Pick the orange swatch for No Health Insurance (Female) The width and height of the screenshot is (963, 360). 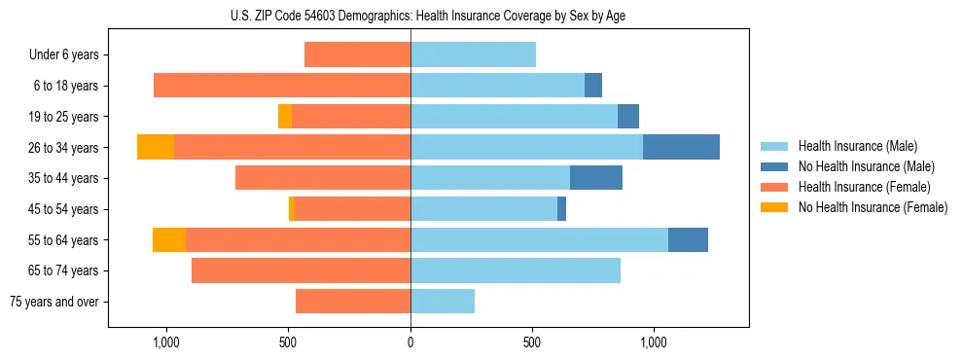[x=774, y=207]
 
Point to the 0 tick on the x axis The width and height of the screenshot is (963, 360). [x=410, y=342]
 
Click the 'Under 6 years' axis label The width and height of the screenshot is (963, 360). [x=63, y=55]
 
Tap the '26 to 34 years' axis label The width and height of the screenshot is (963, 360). [x=65, y=148]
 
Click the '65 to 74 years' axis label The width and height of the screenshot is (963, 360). [x=65, y=270]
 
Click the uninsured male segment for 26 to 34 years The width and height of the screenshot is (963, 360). [x=681, y=147]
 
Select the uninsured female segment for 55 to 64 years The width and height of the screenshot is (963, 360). [x=169, y=239]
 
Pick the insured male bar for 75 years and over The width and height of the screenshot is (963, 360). [x=443, y=302]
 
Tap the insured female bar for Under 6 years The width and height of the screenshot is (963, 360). [x=357, y=55]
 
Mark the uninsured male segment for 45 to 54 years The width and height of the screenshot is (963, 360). [x=561, y=209]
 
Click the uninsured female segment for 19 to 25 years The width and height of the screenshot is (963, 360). [x=285, y=117]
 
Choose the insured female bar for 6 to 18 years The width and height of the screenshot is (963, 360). [x=282, y=86]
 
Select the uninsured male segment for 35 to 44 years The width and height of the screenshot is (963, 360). [x=596, y=178]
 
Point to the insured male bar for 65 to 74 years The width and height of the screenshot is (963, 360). [x=516, y=270]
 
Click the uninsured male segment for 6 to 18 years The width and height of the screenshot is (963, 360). [x=593, y=86]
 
